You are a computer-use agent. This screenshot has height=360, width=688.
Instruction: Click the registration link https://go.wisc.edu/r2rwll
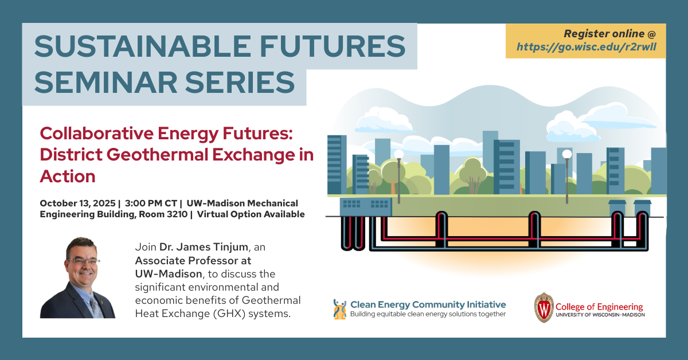pyautogui.click(x=587, y=47)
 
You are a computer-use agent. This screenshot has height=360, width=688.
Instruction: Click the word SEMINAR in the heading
pyautogui.click(x=105, y=83)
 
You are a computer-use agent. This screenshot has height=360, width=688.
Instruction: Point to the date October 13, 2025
pyautogui.click(x=78, y=204)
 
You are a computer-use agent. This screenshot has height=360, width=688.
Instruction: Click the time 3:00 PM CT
pyautogui.click(x=151, y=204)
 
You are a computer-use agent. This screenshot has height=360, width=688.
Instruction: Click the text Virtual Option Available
pyautogui.click(x=251, y=214)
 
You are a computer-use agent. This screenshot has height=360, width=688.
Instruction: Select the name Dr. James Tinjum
pyautogui.click(x=204, y=247)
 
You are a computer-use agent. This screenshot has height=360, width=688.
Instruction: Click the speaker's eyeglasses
pyautogui.click(x=83, y=261)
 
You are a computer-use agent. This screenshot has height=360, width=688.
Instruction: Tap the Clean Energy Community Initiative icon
pyautogui.click(x=339, y=310)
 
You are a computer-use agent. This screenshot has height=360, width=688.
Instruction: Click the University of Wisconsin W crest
pyautogui.click(x=544, y=307)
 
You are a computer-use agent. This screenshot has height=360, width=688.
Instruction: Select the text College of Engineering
pyautogui.click(x=599, y=307)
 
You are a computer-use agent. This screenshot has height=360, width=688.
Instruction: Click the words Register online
pyautogui.click(x=604, y=33)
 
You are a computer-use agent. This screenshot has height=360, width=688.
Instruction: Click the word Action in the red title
pyautogui.click(x=68, y=177)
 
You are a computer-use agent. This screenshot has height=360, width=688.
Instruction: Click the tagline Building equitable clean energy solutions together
pyautogui.click(x=428, y=314)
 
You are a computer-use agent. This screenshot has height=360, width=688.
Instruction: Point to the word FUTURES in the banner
pyautogui.click(x=333, y=46)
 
